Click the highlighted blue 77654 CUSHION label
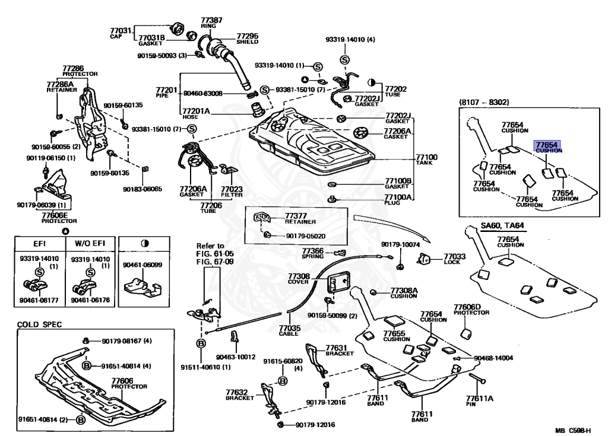point(547,147)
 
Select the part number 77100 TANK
point(426,160)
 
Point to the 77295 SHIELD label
point(247,39)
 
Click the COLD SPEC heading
point(39,324)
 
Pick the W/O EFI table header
point(90,243)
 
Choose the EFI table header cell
point(40,243)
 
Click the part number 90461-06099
point(142,265)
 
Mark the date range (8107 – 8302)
point(484,102)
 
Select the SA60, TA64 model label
point(502,225)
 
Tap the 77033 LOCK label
point(454,259)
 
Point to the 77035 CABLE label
point(289,330)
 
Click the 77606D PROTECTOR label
point(471,309)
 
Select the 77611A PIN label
point(479,401)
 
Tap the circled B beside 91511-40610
point(201,343)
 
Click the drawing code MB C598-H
point(573,430)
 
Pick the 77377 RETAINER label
point(300,218)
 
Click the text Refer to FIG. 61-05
point(215,250)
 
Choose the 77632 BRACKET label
point(240,394)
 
